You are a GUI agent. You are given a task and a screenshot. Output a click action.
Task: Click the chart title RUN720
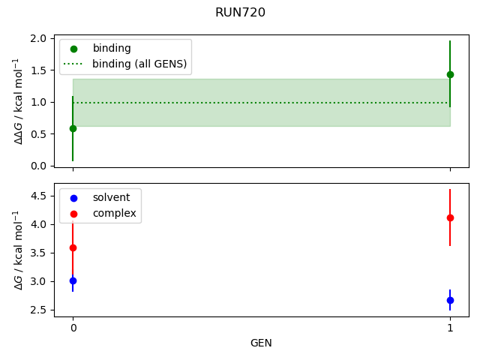pyautogui.click(x=240, y=13)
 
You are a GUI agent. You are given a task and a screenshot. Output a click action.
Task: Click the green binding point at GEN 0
pyautogui.click(x=73, y=128)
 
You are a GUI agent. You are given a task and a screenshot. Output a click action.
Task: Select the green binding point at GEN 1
pyautogui.click(x=450, y=74)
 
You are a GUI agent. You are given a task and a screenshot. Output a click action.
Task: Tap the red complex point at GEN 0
pyautogui.click(x=73, y=247)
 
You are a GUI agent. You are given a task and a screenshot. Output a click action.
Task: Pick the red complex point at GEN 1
pyautogui.click(x=450, y=217)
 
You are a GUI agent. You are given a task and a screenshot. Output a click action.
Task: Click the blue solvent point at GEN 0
pyautogui.click(x=73, y=280)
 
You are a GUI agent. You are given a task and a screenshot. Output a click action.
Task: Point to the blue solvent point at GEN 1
pyautogui.click(x=450, y=300)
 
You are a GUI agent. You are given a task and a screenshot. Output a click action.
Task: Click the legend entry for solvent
pyautogui.click(x=111, y=197)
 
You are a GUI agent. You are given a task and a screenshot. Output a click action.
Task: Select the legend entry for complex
pyautogui.click(x=114, y=213)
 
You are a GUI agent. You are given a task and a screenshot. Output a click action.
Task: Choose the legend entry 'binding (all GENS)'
pyautogui.click(x=139, y=64)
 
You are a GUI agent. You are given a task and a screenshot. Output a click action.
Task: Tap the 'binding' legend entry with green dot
pyautogui.click(x=111, y=48)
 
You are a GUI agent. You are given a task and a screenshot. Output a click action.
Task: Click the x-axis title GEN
pyautogui.click(x=261, y=343)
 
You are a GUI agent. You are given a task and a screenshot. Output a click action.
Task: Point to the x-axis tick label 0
pyautogui.click(x=73, y=328)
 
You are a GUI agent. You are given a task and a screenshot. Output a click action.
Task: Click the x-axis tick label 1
pyautogui.click(x=450, y=328)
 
